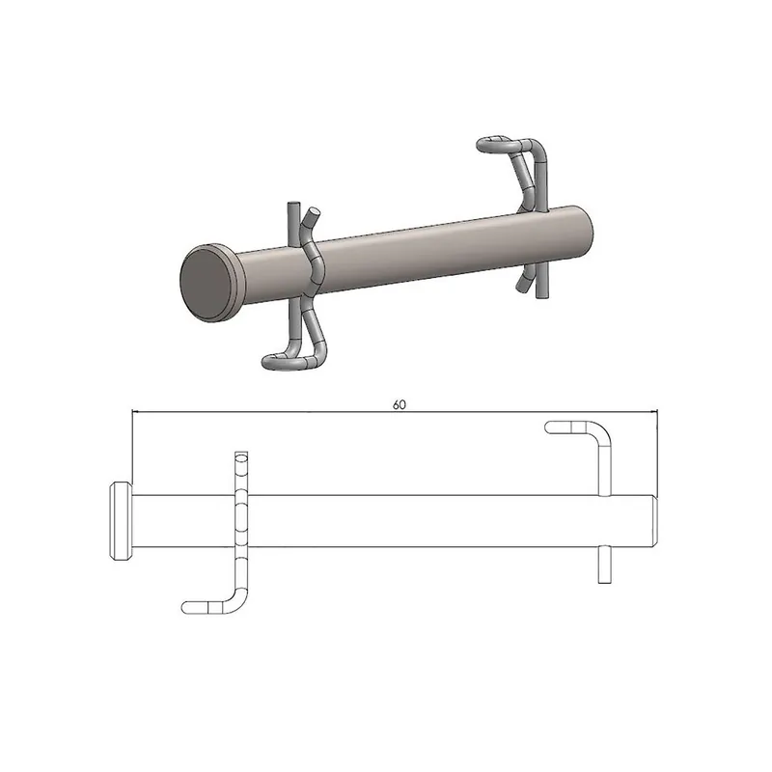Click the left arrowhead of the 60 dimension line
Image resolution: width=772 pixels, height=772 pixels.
click(135, 412)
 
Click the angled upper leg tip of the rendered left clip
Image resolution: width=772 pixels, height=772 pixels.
click(312, 214)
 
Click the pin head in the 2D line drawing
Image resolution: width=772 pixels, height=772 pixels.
click(121, 522)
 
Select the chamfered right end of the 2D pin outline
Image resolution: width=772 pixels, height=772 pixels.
click(655, 522)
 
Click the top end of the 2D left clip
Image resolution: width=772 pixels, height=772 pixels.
click(241, 455)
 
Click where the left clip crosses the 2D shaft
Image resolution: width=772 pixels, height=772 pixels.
click(241, 522)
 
